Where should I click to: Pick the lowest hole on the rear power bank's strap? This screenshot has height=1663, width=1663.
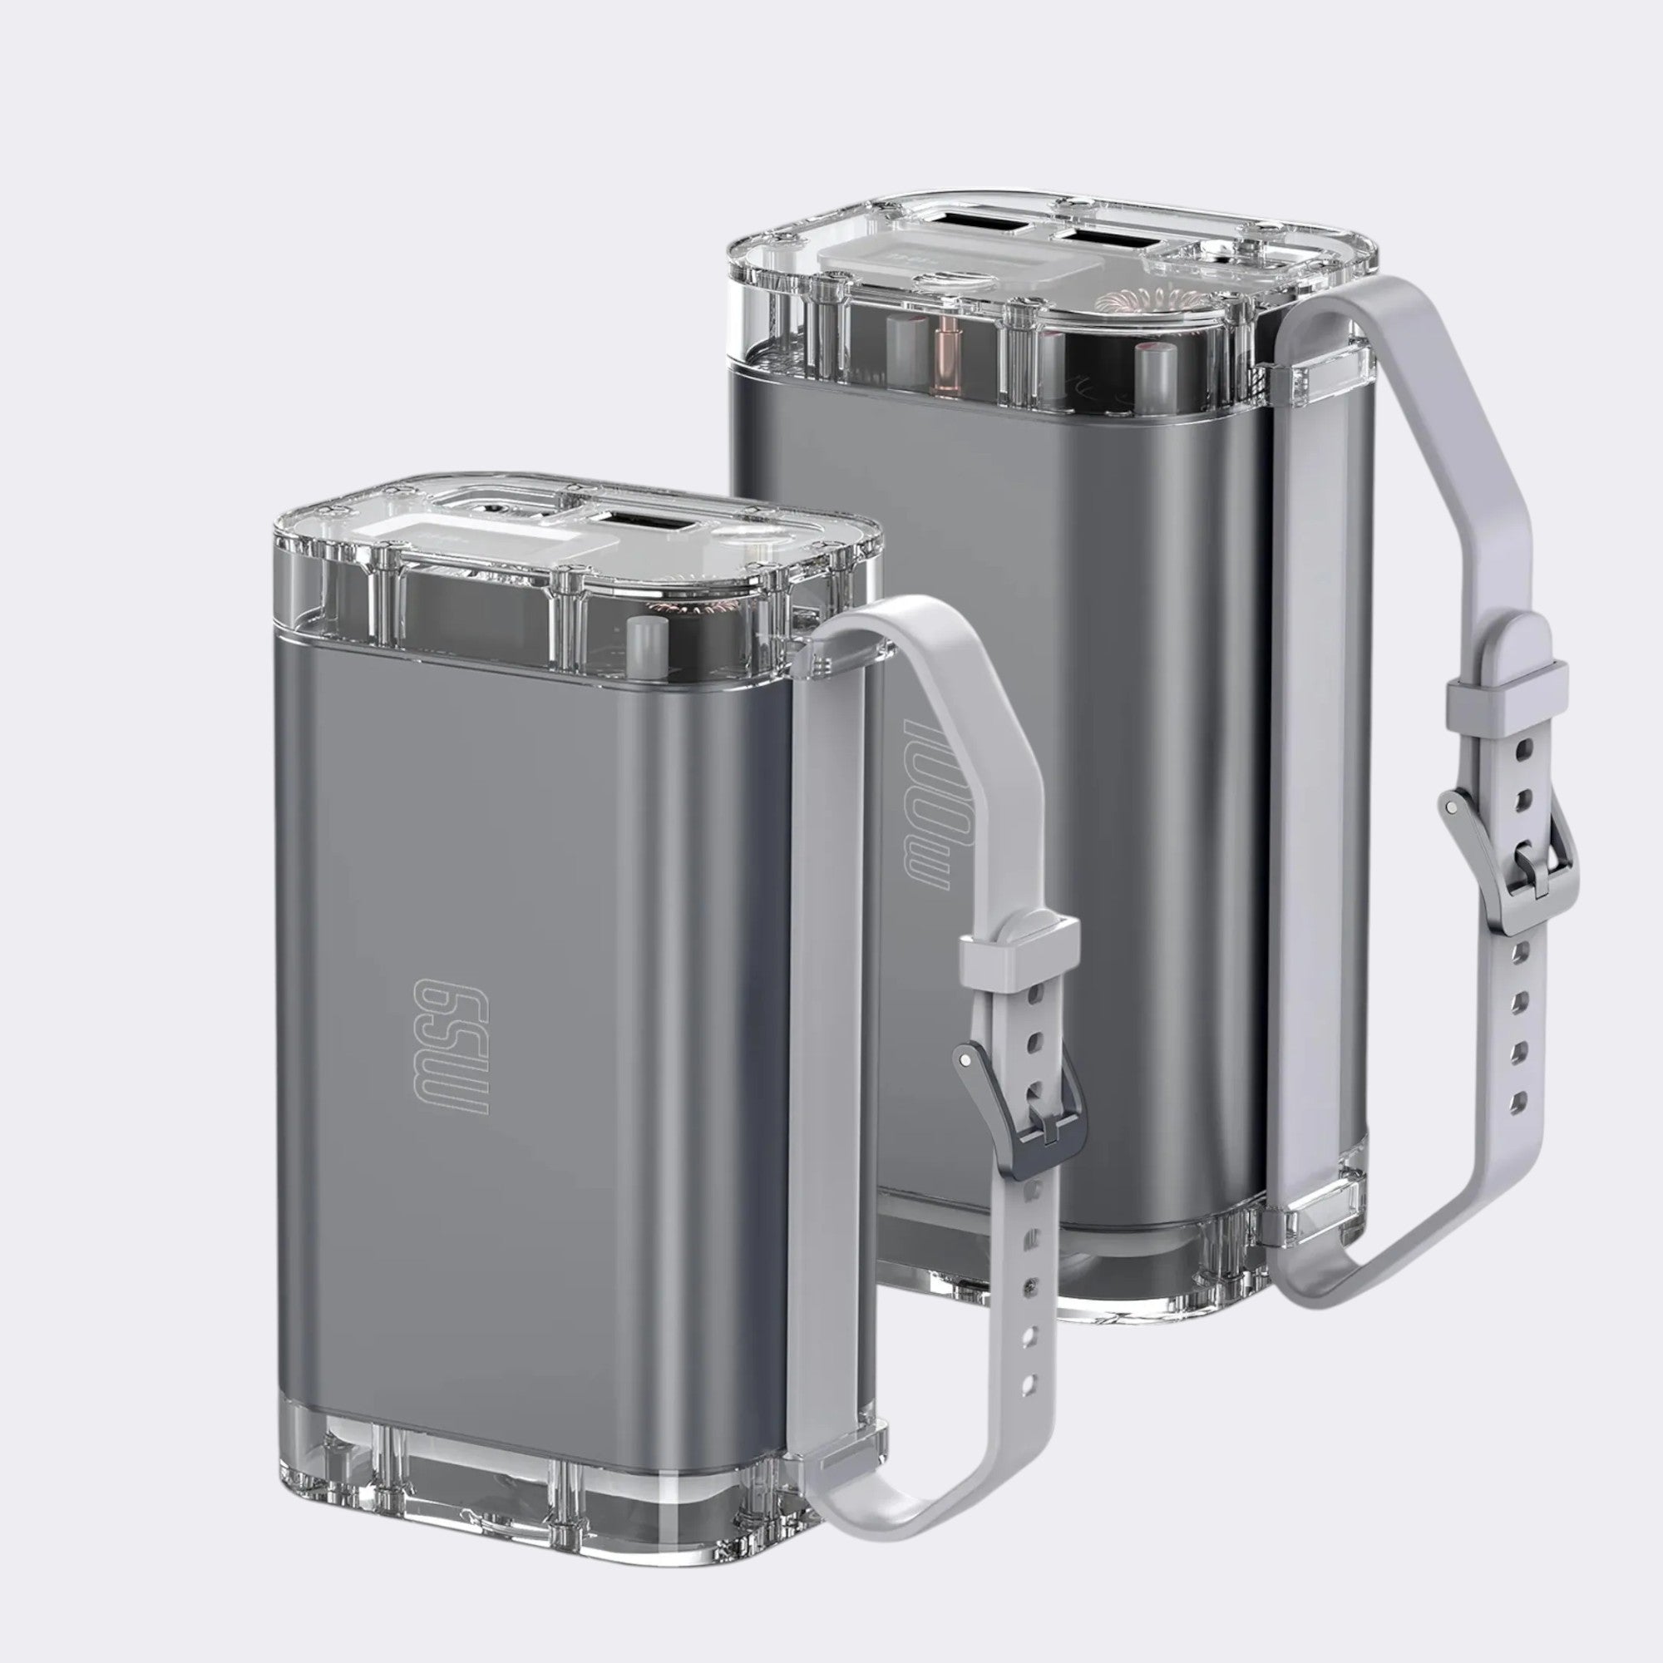pyautogui.click(x=1518, y=1100)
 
